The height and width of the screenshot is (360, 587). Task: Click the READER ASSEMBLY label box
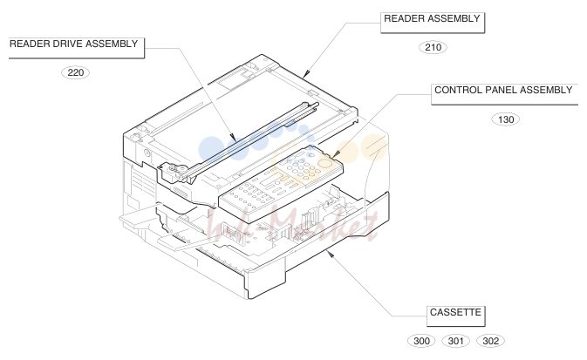(433, 23)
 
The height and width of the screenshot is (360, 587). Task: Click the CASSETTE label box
(455, 316)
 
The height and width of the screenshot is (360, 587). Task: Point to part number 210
(433, 48)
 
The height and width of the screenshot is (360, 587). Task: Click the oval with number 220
(75, 72)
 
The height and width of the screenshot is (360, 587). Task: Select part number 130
(505, 119)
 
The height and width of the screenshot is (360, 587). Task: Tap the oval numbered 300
(421, 341)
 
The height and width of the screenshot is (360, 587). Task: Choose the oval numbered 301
(455, 341)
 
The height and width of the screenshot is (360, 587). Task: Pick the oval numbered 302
(490, 341)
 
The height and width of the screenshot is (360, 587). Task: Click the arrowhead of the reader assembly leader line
(307, 73)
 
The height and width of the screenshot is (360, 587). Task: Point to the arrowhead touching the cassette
(330, 254)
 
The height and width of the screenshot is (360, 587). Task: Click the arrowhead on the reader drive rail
(233, 138)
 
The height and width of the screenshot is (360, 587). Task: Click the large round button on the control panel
(325, 163)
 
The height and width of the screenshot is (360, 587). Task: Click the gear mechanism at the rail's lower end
(174, 171)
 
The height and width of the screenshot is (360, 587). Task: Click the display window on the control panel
(270, 183)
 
